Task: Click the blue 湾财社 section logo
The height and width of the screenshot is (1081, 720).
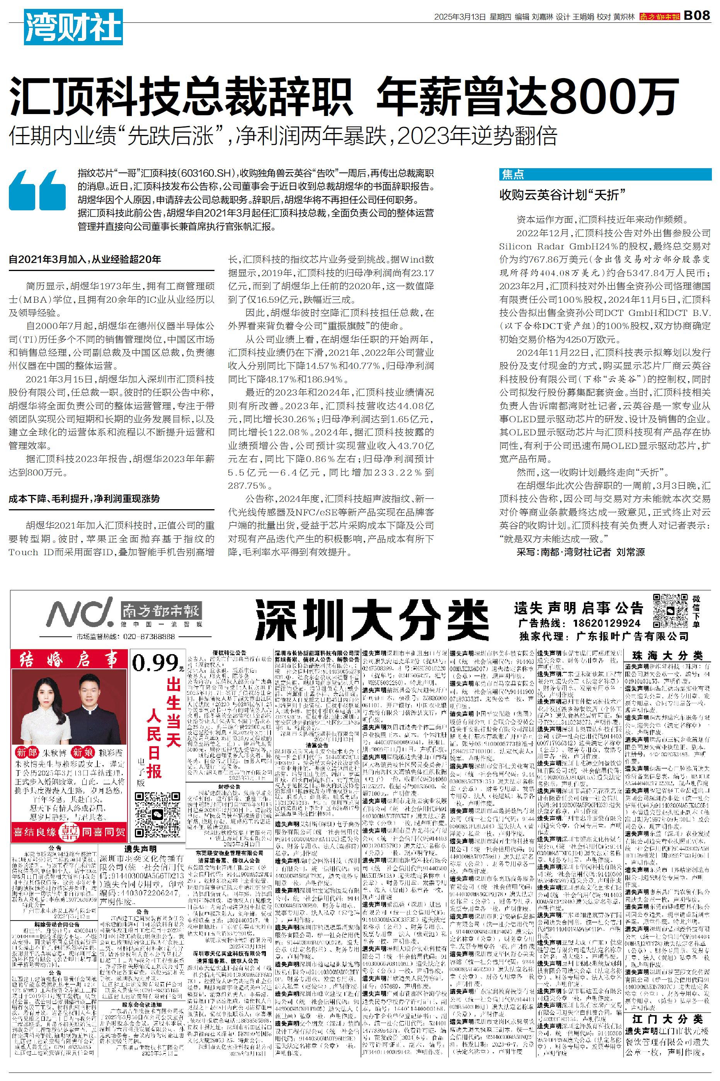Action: coord(73,27)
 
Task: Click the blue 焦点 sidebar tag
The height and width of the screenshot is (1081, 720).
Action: coord(513,174)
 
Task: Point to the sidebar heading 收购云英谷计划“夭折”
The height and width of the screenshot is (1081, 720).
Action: coord(562,195)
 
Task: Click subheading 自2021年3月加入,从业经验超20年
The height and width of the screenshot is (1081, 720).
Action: coord(85,259)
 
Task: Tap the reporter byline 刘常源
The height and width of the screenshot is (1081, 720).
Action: coord(630,552)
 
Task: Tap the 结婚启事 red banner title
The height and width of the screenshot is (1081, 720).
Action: coord(68,660)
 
